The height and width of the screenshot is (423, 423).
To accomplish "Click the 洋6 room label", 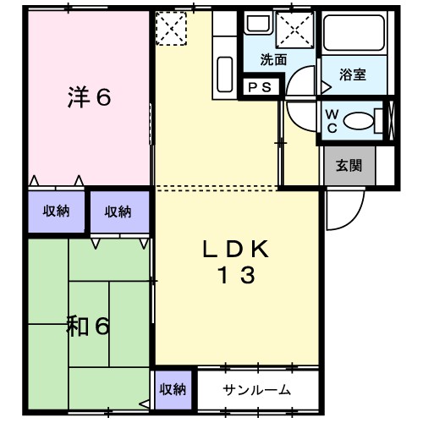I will (89, 97).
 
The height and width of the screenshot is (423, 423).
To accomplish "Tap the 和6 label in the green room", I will (88, 326).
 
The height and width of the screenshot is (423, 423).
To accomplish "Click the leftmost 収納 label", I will (57, 211).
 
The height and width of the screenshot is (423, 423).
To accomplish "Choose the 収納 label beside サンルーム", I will (173, 389).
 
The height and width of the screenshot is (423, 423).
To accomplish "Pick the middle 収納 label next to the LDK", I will (118, 211).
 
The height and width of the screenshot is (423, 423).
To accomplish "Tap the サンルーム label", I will (257, 390).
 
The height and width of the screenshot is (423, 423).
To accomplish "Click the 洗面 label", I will (272, 60).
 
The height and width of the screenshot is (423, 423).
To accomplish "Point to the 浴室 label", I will (353, 74).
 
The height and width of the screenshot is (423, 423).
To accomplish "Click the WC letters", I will (332, 121).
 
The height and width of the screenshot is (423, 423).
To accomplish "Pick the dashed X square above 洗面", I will (296, 30).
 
